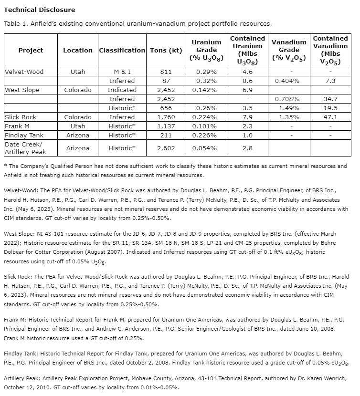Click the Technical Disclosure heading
pos(39,10)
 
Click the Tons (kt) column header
pos(165,50)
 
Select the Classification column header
pos(122,50)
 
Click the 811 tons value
pos(165,72)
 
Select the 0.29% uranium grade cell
pos(206,72)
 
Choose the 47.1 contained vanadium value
pos(330,117)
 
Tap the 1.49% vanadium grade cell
pos(289,108)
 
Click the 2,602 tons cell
pos(165,148)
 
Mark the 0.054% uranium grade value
pos(206,148)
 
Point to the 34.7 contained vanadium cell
pos(330,99)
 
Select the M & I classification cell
pos(122,72)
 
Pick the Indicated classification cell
pos(122,90)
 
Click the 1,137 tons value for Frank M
pos(165,126)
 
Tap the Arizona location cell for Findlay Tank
pos(78,135)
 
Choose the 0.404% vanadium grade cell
pos(289,81)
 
